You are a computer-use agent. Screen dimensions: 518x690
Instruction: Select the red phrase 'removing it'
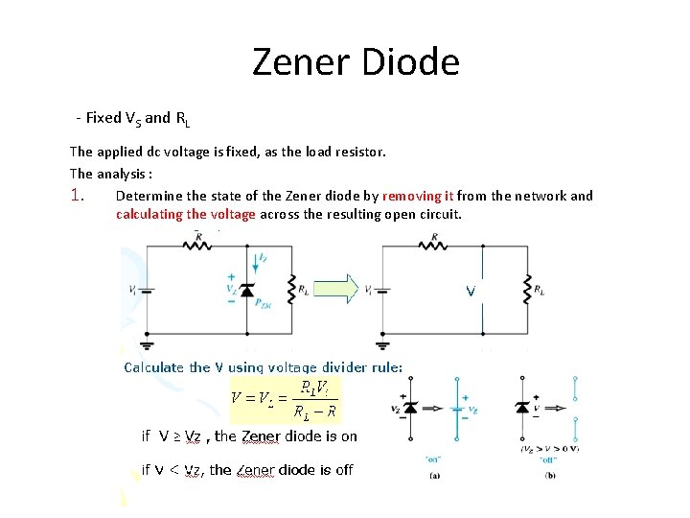coord(417,196)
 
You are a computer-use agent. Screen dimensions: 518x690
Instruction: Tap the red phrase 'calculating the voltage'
coord(186,214)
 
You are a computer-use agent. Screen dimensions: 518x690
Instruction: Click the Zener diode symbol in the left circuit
coord(247,289)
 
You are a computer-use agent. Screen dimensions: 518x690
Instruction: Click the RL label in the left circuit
coord(304,289)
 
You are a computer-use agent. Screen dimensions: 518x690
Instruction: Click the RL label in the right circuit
coord(540,289)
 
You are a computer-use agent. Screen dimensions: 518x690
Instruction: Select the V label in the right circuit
coord(471,289)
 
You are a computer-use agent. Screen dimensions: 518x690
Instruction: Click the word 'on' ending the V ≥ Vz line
coord(349,436)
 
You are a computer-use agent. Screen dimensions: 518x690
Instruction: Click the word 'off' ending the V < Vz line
coord(342,470)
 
